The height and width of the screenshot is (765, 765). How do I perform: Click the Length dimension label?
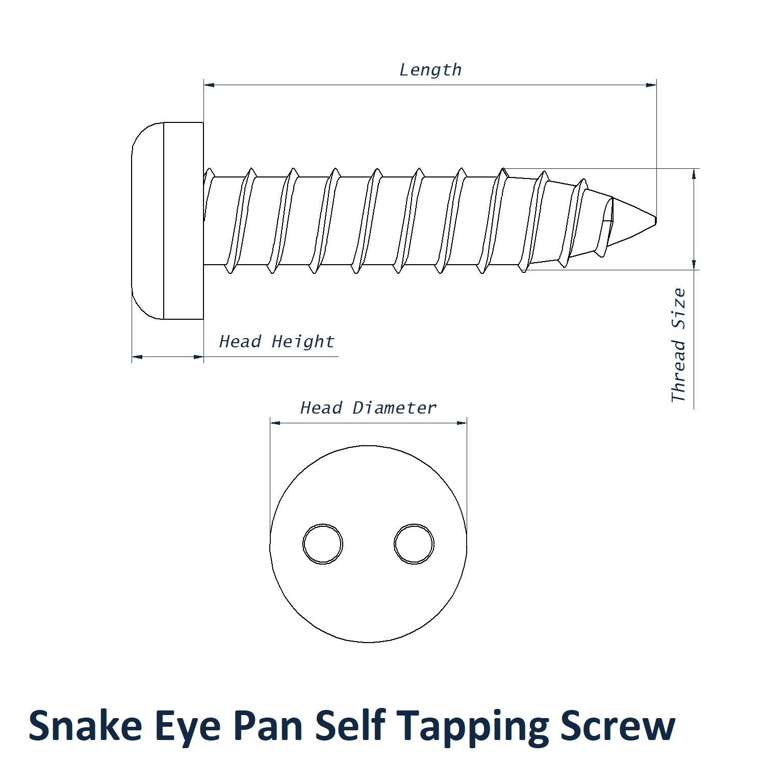pyautogui.click(x=430, y=70)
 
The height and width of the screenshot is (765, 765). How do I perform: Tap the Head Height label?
pyautogui.click(x=276, y=341)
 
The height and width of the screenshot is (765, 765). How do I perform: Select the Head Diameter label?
pyautogui.click(x=368, y=407)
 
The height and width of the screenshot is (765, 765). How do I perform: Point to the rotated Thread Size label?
pyautogui.click(x=678, y=345)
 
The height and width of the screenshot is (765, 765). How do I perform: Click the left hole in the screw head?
pyautogui.click(x=323, y=544)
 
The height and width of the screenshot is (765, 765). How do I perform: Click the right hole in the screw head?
pyautogui.click(x=414, y=544)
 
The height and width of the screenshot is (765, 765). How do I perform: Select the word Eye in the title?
pyautogui.click(x=187, y=727)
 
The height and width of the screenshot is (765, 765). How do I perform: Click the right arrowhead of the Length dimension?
pyautogui.click(x=651, y=85)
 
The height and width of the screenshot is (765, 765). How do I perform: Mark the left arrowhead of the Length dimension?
pyautogui.click(x=209, y=85)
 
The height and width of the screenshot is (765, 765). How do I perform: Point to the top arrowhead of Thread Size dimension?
pyautogui.click(x=694, y=174)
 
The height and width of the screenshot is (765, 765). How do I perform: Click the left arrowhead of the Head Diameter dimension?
pyautogui.click(x=275, y=423)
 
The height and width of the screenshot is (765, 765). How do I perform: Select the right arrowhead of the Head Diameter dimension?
pyautogui.click(x=462, y=423)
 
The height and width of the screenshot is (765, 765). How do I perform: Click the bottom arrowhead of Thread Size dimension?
pyautogui.click(x=694, y=264)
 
